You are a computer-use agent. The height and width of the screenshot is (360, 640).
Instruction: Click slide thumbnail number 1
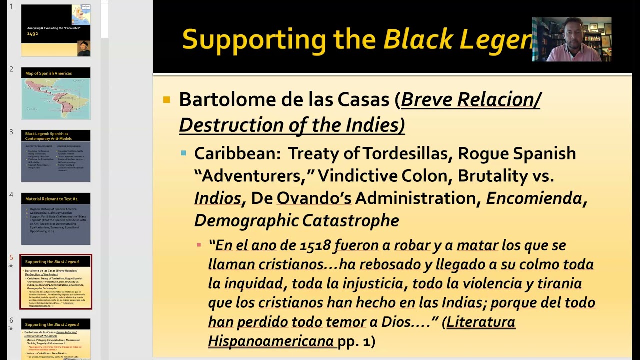56,30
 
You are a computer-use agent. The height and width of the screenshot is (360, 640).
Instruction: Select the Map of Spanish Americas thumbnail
56,93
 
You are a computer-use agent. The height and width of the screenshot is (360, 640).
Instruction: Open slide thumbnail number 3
56,156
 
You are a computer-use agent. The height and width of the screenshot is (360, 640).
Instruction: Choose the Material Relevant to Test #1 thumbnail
56,219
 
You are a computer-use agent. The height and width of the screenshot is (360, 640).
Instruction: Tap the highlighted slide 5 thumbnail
56,282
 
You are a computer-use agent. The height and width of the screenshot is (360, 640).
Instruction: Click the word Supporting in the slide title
253,39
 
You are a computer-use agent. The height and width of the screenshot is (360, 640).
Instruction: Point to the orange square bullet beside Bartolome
167,100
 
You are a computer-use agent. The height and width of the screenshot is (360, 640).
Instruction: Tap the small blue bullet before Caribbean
184,153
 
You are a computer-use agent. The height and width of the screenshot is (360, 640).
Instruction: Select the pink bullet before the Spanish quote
199,245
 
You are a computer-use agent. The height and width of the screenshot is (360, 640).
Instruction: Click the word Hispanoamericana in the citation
271,341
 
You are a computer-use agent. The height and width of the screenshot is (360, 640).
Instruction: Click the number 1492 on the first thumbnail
32,34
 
